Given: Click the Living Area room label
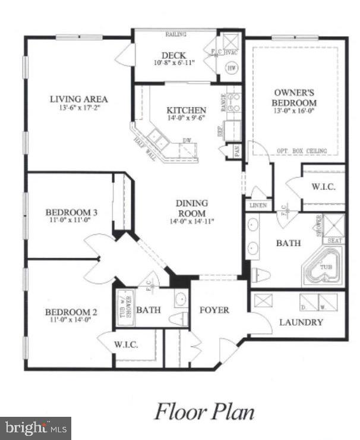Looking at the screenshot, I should [x=78, y=99].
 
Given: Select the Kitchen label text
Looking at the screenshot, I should [x=187, y=110].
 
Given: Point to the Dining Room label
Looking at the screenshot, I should [x=191, y=208].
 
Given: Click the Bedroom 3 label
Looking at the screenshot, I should [x=71, y=212].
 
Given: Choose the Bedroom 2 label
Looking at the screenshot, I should [x=71, y=311].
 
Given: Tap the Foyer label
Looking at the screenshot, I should [x=214, y=310].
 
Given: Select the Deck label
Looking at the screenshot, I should [x=173, y=56].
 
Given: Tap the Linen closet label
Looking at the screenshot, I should [x=258, y=206].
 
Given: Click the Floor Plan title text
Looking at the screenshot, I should [x=205, y=411].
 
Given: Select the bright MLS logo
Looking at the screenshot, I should [x=36, y=428].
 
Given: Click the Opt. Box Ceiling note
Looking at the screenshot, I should [x=302, y=151].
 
